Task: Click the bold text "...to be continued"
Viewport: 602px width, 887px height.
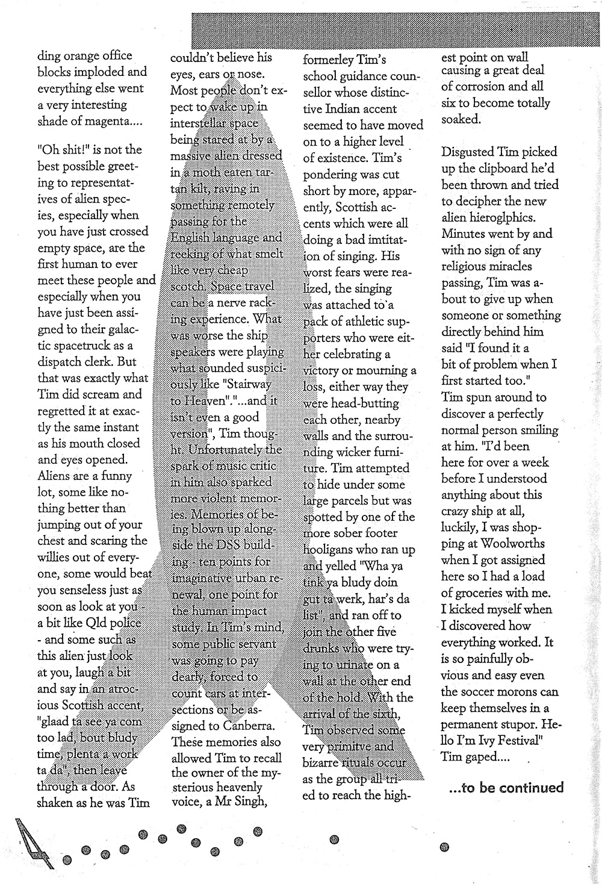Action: click(x=506, y=788)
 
